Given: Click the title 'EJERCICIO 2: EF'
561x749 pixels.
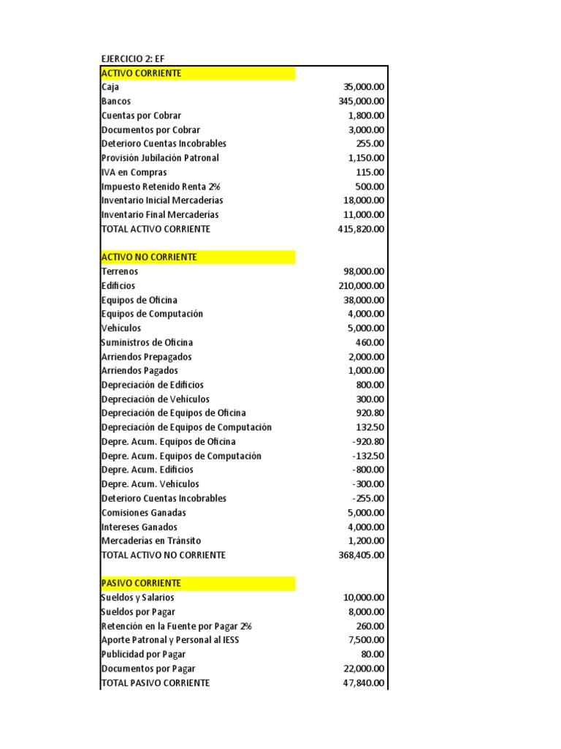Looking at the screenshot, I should (x=133, y=59).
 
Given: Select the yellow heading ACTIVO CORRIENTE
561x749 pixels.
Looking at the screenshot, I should (x=142, y=73).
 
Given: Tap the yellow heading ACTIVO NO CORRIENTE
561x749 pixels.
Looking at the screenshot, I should (x=150, y=257).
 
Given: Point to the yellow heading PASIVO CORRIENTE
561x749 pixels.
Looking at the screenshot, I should (x=142, y=583).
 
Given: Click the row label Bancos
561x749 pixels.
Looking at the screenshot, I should (x=116, y=102).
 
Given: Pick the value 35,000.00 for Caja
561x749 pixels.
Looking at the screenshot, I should (x=364, y=87).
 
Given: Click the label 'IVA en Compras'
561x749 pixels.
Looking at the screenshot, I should (x=134, y=173).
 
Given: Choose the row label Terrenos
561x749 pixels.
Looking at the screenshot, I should (x=121, y=271).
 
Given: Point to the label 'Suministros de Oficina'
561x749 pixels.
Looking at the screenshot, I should (x=147, y=342).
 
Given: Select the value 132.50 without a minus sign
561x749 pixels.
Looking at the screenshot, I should (x=370, y=427).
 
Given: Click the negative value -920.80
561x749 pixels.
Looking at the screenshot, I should (x=368, y=442).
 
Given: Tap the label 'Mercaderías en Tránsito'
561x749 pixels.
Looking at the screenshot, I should (x=151, y=541).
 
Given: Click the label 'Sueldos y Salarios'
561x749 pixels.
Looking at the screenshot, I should (x=138, y=598).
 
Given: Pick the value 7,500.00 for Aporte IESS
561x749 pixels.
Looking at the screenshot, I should (x=367, y=640).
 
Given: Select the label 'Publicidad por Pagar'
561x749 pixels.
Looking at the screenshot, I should (x=144, y=654).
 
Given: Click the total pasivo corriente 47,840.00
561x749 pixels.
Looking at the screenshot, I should (x=364, y=682).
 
